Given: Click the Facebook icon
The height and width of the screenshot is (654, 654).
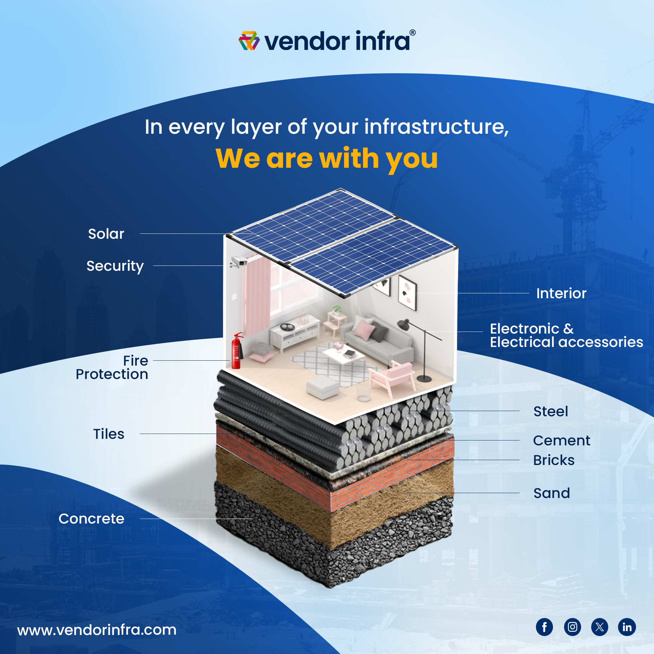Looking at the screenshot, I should click(544, 627).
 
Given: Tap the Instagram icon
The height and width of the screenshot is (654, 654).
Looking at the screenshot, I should click(573, 627).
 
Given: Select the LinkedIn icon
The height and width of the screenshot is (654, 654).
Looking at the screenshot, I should click(627, 627).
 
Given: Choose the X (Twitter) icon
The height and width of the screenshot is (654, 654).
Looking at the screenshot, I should click(599, 627).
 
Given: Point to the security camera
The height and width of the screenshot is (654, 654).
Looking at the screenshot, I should click(238, 262).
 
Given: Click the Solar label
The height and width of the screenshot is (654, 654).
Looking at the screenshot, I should click(106, 234).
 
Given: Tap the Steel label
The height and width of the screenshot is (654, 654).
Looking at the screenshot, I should click(550, 411).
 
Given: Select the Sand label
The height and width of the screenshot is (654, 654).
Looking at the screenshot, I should click(551, 493).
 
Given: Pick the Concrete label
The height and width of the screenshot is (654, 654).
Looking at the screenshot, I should click(92, 519).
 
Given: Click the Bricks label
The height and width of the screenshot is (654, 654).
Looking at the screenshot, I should click(554, 460).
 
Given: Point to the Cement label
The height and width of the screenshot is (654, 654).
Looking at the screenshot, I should click(561, 441).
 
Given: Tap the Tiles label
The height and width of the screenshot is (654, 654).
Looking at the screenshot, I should click(109, 434).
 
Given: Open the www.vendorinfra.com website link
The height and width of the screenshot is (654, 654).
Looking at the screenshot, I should click(97, 630).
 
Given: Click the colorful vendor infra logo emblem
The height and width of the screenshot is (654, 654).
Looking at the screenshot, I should click(249, 41).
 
